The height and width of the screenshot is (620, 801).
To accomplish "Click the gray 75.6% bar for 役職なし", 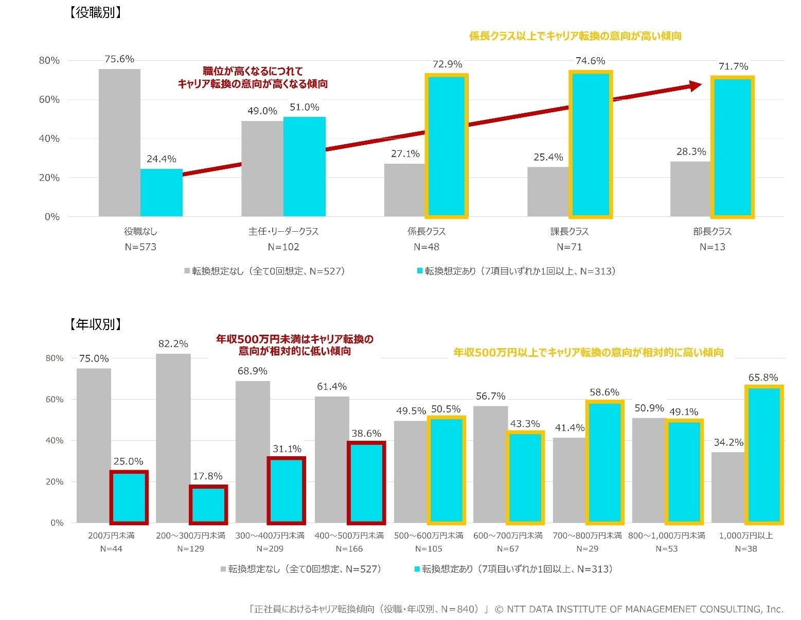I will click(119, 143).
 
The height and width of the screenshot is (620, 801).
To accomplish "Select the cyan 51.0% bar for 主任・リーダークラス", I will click(304, 166).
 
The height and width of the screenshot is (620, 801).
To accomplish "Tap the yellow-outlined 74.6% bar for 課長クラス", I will click(590, 144).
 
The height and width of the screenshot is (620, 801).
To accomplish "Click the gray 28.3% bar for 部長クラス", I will click(690, 189).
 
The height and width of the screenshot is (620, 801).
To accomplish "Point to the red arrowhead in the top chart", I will click(696, 85).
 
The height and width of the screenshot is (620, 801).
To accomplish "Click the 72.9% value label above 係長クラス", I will click(447, 64).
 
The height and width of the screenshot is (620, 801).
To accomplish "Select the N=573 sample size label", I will click(140, 247).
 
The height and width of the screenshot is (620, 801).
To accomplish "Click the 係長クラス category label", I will click(426, 232).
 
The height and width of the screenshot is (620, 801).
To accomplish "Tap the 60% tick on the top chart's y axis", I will click(49, 99).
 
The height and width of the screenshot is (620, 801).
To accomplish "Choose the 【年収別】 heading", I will click(95, 324).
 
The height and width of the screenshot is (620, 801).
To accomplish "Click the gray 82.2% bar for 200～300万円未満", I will click(173, 438).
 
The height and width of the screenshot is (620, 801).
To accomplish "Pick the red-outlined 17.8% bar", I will click(208, 505).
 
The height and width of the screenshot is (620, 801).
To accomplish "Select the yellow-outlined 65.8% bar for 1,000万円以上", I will click(763, 455).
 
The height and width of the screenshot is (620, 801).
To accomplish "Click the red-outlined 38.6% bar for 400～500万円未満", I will click(366, 483).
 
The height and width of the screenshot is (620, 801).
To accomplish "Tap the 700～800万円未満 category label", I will click(587, 536).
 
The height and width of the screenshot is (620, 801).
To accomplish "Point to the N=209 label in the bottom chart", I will click(270, 549).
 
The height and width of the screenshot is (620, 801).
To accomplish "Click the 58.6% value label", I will click(604, 392).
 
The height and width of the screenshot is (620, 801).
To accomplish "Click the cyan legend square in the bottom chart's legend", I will click(417, 570).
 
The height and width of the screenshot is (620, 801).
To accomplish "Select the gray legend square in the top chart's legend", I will click(187, 271).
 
